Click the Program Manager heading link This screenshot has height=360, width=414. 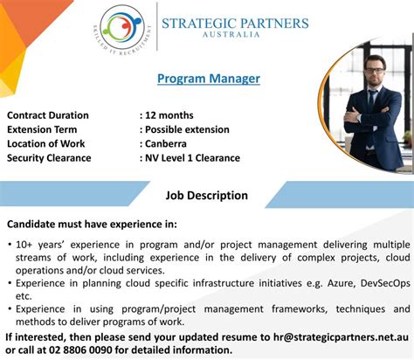(209, 79)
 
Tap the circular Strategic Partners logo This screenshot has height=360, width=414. (121, 28)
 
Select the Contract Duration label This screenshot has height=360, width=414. (48, 115)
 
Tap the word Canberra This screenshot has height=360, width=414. (171, 143)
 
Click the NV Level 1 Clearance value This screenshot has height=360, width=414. (192, 157)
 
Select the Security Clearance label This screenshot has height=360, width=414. (49, 157)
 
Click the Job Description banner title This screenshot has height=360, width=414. (207, 195)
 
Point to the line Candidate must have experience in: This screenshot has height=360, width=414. (92, 224)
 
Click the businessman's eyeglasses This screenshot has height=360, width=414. (374, 67)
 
